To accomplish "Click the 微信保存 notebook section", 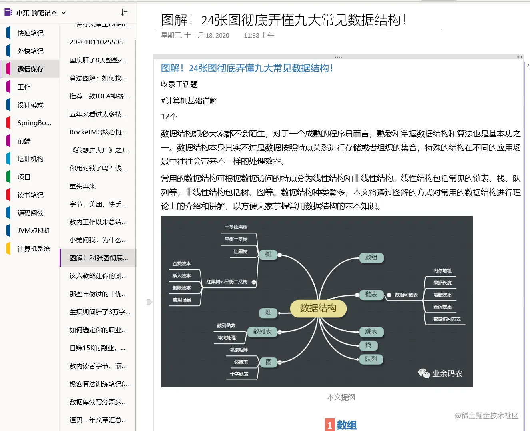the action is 30,69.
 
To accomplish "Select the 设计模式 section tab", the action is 30,105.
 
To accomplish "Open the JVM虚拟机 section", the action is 34,231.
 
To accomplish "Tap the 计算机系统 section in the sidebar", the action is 34,249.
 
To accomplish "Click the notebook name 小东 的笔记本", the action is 36,13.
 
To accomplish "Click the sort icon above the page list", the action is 125,12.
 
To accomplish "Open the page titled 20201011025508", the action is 96,42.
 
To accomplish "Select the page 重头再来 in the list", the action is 82,186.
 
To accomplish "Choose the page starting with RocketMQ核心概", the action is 98,132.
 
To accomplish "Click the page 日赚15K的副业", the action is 97,348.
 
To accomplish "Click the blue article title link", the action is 247,68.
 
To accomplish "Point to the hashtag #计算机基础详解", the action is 189,100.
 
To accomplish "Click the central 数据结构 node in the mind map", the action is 318,308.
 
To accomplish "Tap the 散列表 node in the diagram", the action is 262,331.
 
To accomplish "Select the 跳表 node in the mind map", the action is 371,331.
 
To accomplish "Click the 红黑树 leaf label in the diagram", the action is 241,251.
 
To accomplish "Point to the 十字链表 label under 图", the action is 239,374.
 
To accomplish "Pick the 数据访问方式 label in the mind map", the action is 447,319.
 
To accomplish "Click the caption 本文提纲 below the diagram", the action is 341,397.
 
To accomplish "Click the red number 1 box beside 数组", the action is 330,425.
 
